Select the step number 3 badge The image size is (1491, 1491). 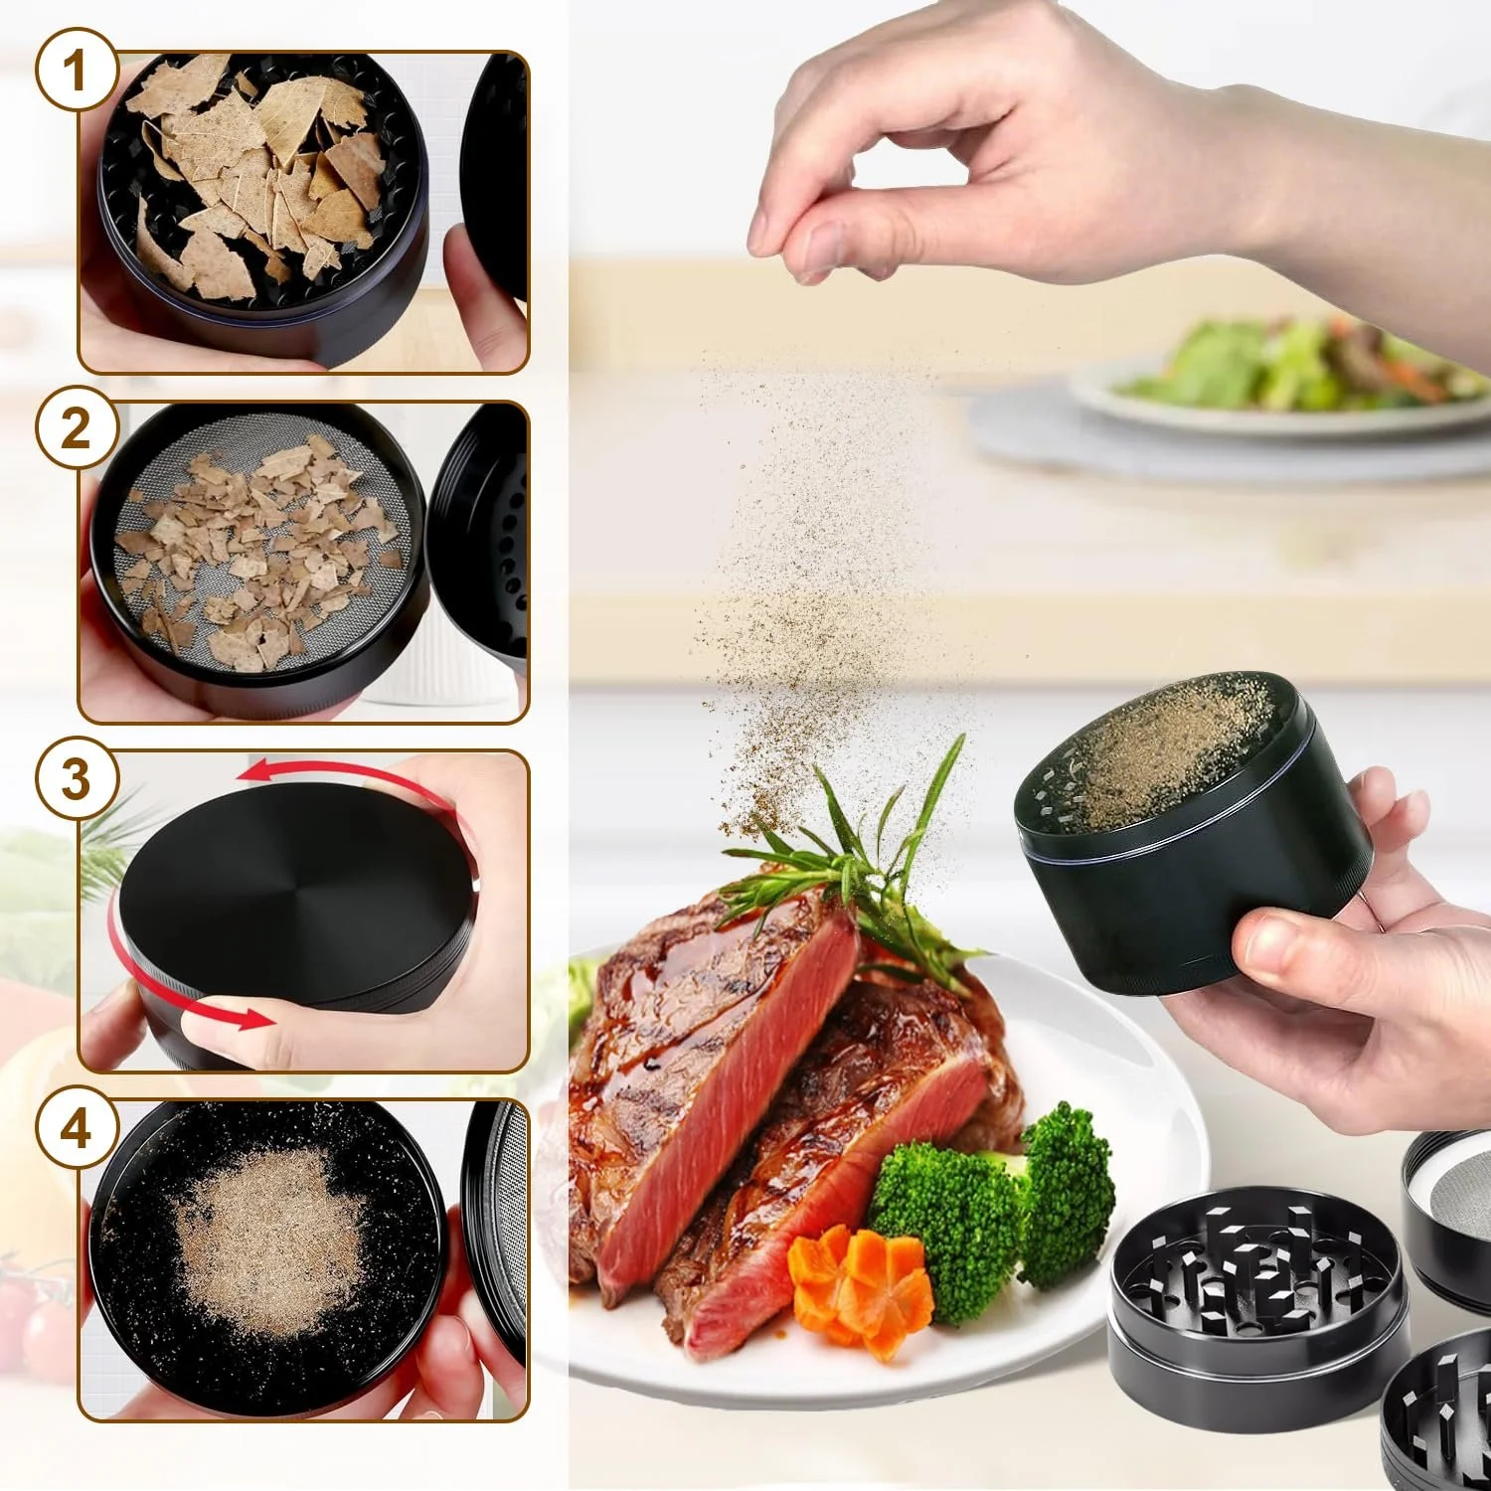point(77,778)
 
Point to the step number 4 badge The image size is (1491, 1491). point(77,1128)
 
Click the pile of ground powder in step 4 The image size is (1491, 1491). point(263,1247)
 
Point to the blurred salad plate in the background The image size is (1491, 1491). point(1282,383)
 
